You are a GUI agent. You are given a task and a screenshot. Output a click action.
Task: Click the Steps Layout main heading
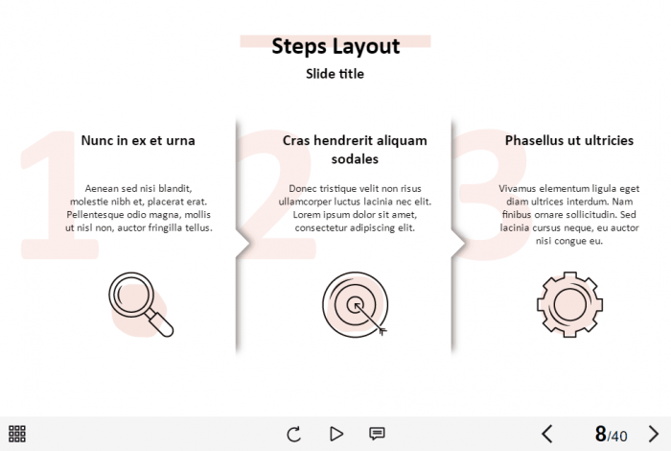click(x=335, y=46)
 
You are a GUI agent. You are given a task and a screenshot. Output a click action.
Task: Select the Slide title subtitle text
click(x=335, y=74)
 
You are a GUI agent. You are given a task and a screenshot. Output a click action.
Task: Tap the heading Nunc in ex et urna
click(x=138, y=140)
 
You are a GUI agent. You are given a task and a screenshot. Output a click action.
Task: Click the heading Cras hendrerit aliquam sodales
click(x=355, y=150)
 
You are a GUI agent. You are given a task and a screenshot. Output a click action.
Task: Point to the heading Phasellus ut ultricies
click(x=569, y=140)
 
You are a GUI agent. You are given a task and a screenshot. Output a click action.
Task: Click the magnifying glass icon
click(x=141, y=304)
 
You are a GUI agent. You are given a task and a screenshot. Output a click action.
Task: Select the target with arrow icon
click(x=356, y=304)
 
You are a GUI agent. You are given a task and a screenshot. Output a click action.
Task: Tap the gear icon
click(x=570, y=304)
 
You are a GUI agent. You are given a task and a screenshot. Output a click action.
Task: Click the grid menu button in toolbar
click(x=17, y=434)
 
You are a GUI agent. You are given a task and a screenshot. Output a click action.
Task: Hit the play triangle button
click(x=336, y=434)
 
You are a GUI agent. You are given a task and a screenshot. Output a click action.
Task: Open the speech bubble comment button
click(x=377, y=434)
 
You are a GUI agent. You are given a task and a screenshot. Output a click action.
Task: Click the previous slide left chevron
click(x=547, y=434)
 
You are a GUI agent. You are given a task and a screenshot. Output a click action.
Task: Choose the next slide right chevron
click(x=654, y=434)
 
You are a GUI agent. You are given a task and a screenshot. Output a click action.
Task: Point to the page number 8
click(x=601, y=434)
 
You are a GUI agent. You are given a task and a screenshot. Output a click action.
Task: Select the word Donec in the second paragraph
click(x=303, y=188)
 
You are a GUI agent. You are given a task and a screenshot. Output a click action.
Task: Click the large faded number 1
click(x=59, y=195)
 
